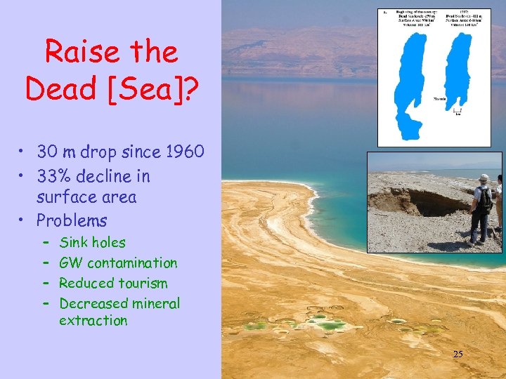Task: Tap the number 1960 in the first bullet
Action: (180, 151)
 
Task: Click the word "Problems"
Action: (72, 220)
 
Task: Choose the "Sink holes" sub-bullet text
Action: (92, 243)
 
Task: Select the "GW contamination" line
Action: (118, 263)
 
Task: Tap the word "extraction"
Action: (93, 321)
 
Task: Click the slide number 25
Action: (458, 354)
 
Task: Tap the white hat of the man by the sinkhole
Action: (483, 178)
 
